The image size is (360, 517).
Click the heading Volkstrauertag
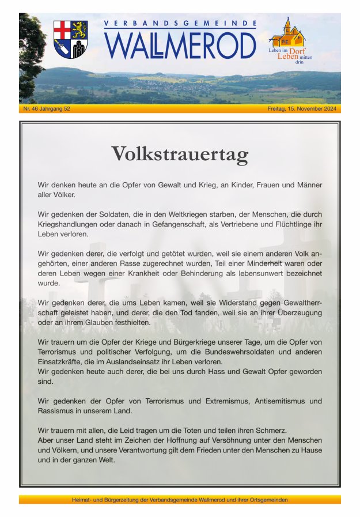[x=180, y=154]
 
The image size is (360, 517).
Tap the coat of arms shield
[x=70, y=39]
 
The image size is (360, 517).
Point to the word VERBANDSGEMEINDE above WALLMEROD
[x=180, y=24]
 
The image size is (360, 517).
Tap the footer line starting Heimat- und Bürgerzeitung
[x=180, y=500]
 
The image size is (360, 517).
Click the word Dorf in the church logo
[x=297, y=51]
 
